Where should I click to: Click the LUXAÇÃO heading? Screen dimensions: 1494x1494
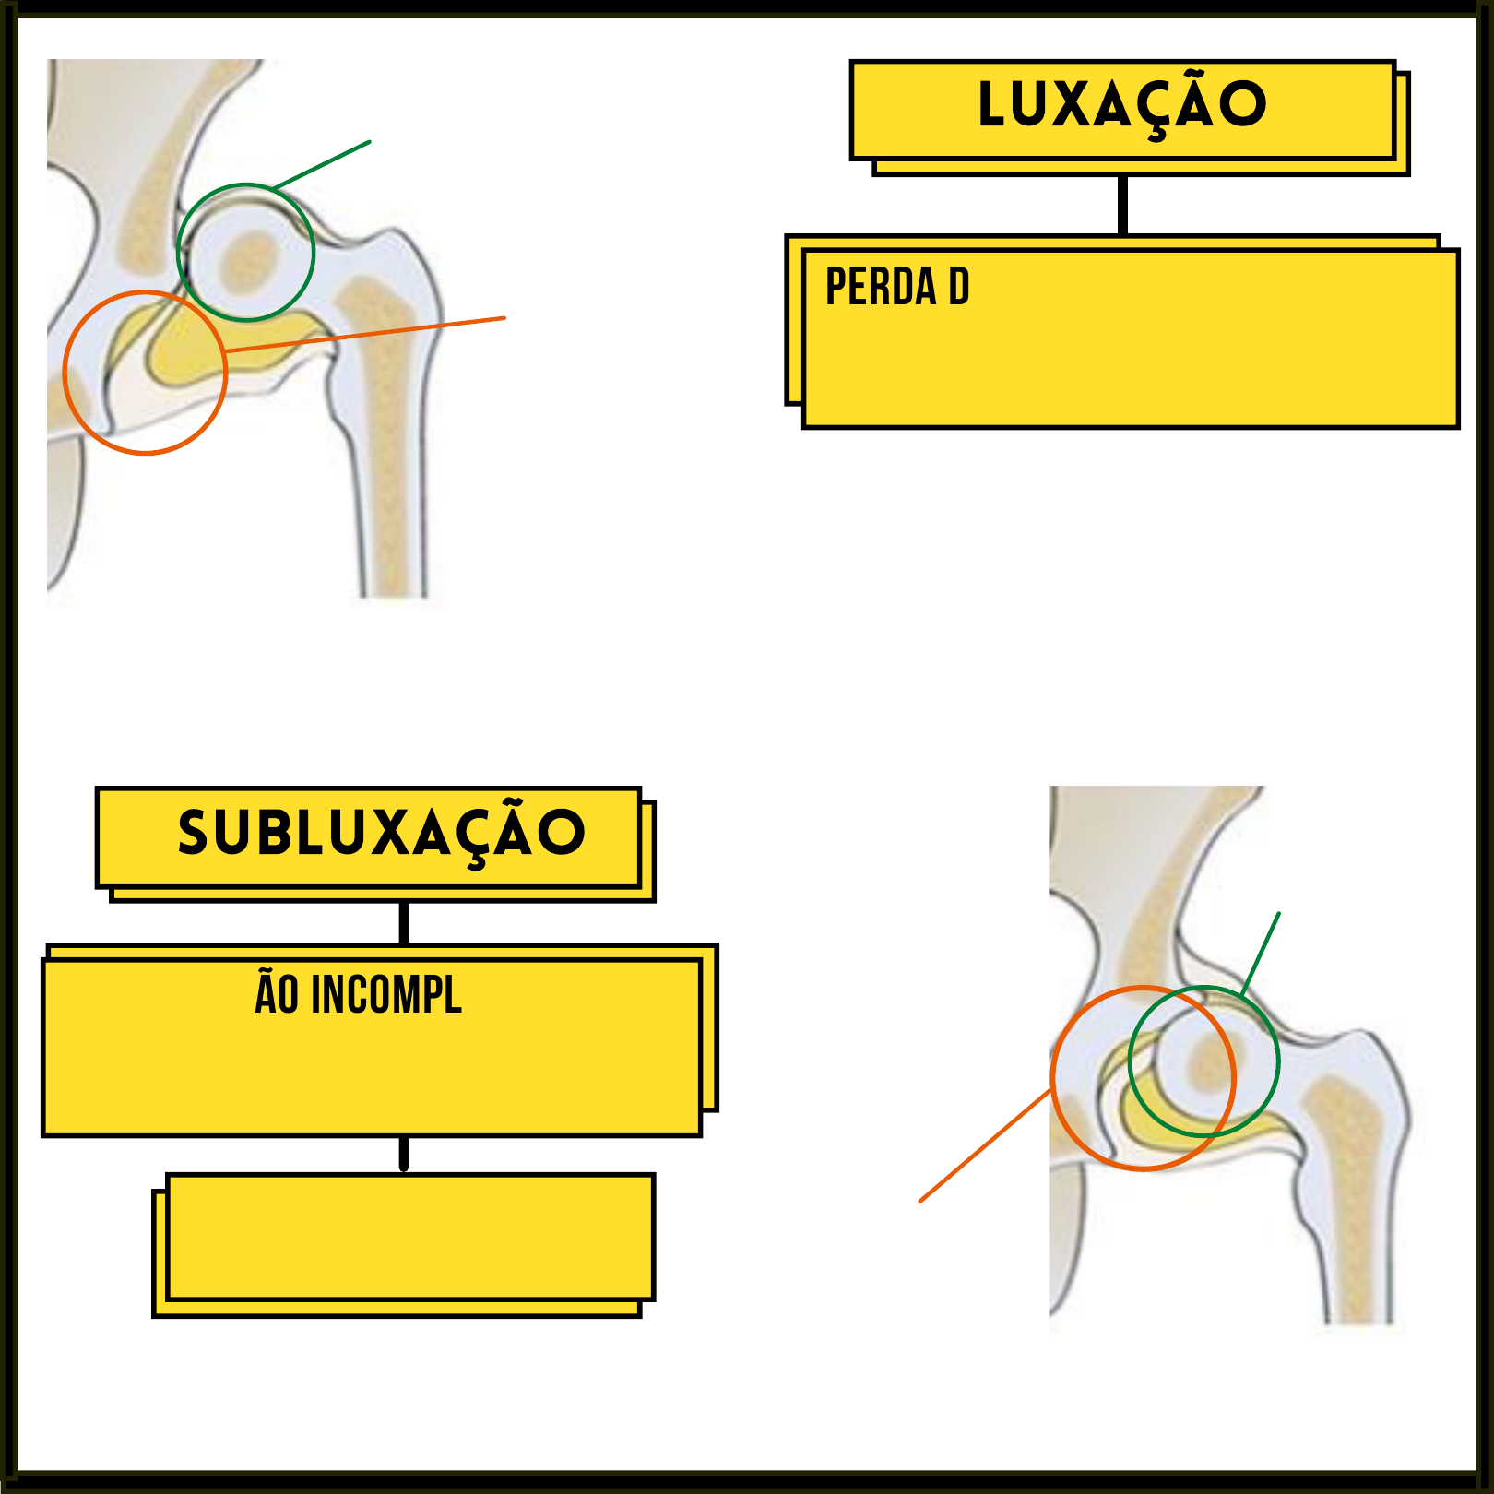(1121, 105)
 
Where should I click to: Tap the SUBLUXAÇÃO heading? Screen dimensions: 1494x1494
(381, 834)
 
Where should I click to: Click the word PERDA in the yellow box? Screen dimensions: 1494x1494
(880, 287)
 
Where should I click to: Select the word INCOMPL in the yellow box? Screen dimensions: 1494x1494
(386, 995)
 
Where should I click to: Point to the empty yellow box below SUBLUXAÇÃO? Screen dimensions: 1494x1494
(409, 1238)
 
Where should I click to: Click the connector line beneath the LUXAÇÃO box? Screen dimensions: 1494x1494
(1122, 205)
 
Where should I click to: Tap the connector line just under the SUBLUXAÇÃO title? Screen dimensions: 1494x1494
(404, 922)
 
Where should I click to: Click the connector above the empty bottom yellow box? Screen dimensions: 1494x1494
(404, 1154)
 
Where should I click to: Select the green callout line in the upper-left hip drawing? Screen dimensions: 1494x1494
(323, 165)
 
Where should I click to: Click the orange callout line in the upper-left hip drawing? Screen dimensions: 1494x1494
(369, 334)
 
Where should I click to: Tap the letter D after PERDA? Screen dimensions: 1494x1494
(958, 287)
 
